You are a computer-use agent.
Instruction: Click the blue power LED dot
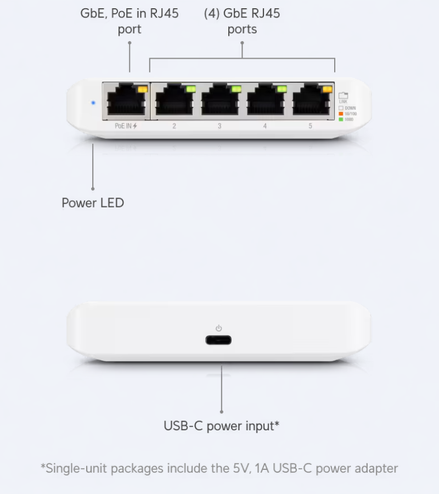93,102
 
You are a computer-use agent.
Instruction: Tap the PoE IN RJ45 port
125,102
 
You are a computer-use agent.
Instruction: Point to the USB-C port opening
218,340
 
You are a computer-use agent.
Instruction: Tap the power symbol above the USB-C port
218,328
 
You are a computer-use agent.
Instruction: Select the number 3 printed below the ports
219,126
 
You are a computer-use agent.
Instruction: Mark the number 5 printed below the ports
311,126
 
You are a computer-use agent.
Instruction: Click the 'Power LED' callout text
93,203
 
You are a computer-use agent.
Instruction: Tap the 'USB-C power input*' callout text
222,425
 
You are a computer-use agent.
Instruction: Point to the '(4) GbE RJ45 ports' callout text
242,21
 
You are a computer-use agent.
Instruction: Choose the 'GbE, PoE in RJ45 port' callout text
130,21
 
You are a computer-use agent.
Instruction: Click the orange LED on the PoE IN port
143,88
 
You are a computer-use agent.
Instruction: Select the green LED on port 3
237,88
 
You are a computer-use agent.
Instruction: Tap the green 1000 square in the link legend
341,119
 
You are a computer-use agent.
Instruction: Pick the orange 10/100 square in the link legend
341,114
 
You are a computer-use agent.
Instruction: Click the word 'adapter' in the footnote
376,468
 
